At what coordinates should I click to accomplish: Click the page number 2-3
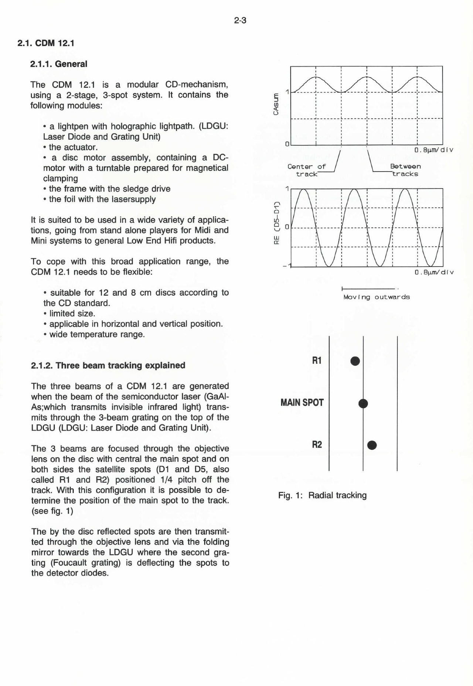pos(240,21)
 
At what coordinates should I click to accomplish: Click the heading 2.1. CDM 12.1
pos(46,43)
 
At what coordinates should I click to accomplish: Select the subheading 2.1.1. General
pos(59,64)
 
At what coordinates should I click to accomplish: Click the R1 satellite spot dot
pos(355,361)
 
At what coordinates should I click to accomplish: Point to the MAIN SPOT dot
pos(363,404)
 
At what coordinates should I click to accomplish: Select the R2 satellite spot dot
pos(372,445)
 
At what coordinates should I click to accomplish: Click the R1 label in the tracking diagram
pos(317,361)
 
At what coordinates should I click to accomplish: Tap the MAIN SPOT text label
pos(302,402)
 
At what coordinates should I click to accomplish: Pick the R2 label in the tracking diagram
pos(317,444)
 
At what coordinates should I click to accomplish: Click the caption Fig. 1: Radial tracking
pos(322,495)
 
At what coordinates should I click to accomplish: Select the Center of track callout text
pos(307,170)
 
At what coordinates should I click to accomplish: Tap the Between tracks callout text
pos(405,170)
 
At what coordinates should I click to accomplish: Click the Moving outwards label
pos(376,297)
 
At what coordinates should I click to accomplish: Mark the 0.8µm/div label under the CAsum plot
pos(434,150)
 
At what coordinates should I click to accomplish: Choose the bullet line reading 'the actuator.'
pos(73,147)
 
